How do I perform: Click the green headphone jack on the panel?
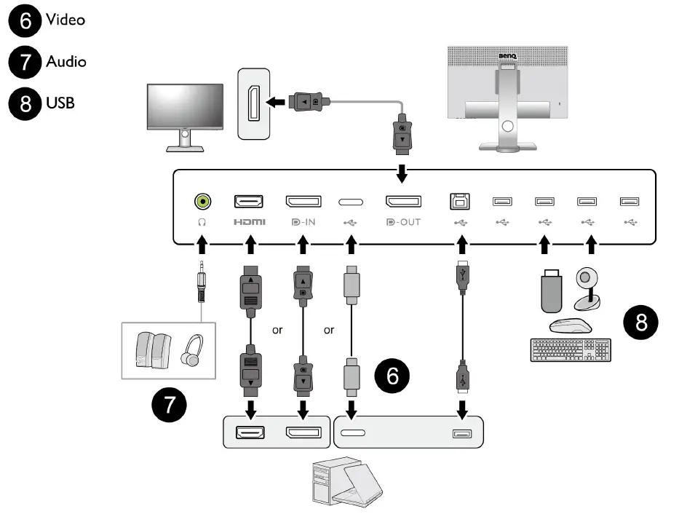pyautogui.click(x=202, y=201)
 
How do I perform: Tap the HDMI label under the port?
pyautogui.click(x=250, y=222)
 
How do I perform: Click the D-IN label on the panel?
pyautogui.click(x=303, y=222)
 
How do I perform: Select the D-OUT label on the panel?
pyautogui.click(x=403, y=222)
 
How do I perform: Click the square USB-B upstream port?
pyautogui.click(x=460, y=201)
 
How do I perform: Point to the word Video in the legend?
pyautogui.click(x=65, y=20)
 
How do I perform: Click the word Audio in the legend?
pyautogui.click(x=66, y=61)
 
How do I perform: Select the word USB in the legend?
pyautogui.click(x=60, y=103)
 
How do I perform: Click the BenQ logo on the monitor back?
pyautogui.click(x=507, y=56)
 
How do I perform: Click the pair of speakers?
pyautogui.click(x=153, y=349)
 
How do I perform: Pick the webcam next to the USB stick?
pyautogui.click(x=587, y=289)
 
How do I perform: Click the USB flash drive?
pyautogui.click(x=552, y=291)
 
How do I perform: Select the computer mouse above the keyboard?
pyautogui.click(x=571, y=326)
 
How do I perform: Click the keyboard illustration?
pyautogui.click(x=571, y=349)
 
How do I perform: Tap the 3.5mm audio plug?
pyautogui.click(x=201, y=281)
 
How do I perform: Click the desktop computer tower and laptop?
pyautogui.click(x=347, y=482)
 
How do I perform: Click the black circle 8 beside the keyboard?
pyautogui.click(x=640, y=322)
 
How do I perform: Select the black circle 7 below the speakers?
pyautogui.click(x=169, y=405)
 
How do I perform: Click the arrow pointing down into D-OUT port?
pyautogui.click(x=402, y=173)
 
